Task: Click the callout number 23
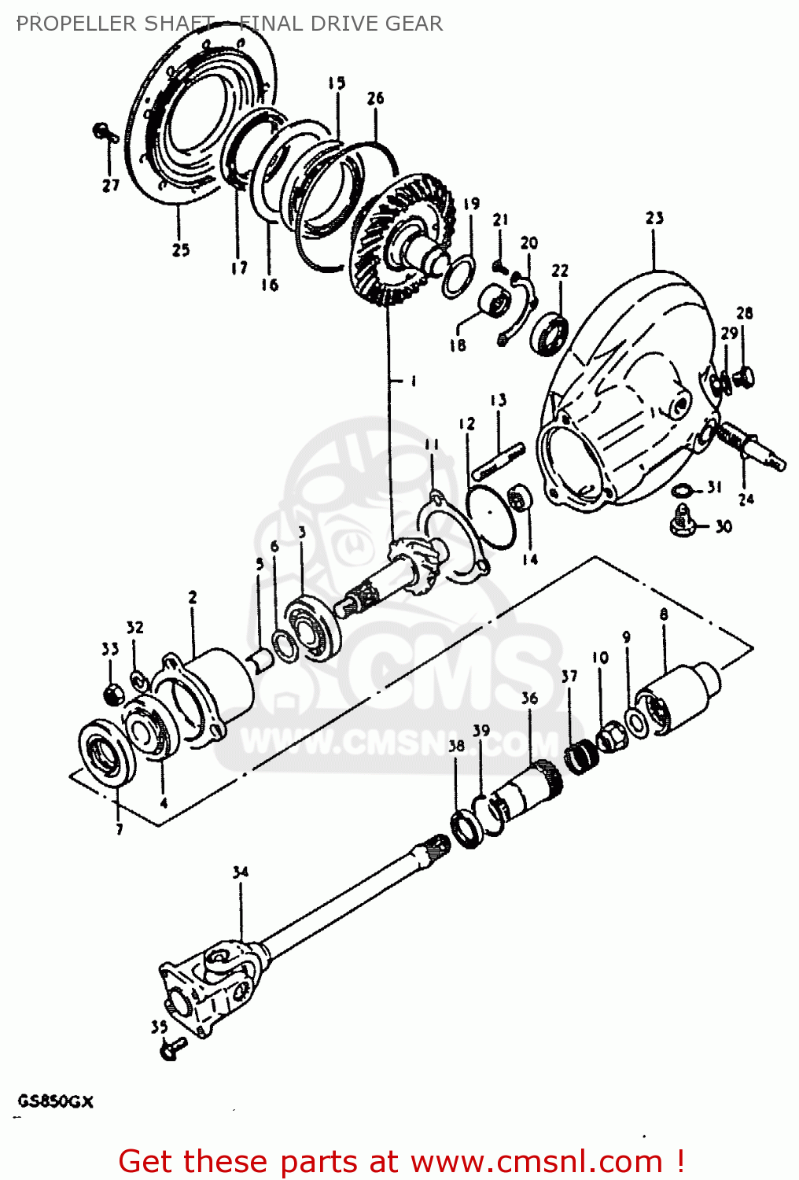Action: pyautogui.click(x=654, y=218)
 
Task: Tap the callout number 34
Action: pyautogui.click(x=240, y=872)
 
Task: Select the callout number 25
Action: pyautogui.click(x=181, y=249)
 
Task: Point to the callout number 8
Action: pyautogui.click(x=664, y=614)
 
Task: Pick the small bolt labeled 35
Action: pyautogui.click(x=171, y=1047)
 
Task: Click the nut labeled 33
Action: pyautogui.click(x=112, y=693)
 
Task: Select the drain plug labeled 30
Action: pyautogui.click(x=681, y=521)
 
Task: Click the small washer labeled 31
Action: pyautogui.click(x=683, y=492)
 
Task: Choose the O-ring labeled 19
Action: pyautogui.click(x=458, y=276)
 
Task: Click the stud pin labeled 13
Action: pyautogui.click(x=498, y=462)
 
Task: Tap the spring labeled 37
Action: pyautogui.click(x=581, y=757)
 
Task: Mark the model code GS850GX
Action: pyautogui.click(x=55, y=1101)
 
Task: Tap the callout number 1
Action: pyautogui.click(x=413, y=382)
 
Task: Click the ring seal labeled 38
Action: pyautogui.click(x=467, y=829)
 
